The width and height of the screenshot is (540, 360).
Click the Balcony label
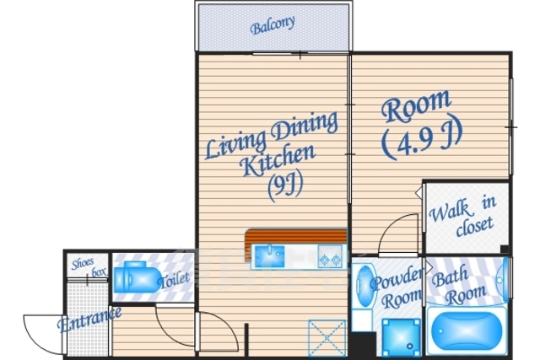point(273,25)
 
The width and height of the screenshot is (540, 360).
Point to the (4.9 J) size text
point(422,139)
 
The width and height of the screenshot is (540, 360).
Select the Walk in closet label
point(462,216)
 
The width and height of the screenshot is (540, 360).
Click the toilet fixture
point(137,277)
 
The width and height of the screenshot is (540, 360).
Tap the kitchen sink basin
point(270,256)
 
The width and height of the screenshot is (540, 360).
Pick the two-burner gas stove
point(330,256)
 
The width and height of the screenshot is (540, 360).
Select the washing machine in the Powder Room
point(402,337)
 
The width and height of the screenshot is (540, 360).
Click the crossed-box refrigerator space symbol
point(327,339)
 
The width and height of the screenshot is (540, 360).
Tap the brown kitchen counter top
point(295,238)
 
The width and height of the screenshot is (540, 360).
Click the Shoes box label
point(89,268)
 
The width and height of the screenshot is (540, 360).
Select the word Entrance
point(89,320)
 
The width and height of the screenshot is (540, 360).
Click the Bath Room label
point(458,285)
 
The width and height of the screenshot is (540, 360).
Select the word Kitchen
point(278,160)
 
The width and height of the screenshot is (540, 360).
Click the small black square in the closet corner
point(505,250)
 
